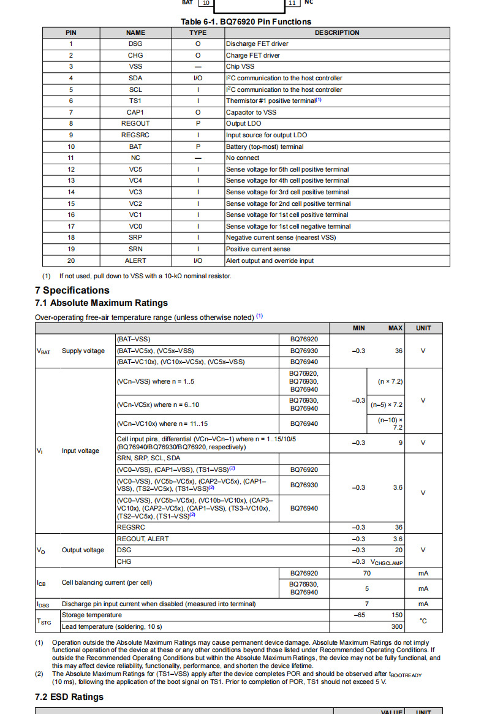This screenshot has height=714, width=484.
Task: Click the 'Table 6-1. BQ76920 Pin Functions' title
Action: (246, 21)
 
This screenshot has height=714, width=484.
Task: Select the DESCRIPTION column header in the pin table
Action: (337, 32)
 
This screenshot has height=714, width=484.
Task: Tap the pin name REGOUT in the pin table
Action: (135, 123)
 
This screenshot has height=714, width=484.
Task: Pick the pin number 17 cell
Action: (71, 226)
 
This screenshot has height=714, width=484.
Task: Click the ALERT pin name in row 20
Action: (135, 260)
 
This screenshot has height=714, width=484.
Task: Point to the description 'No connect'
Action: (243, 158)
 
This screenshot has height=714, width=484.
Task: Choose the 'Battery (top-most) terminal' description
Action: (265, 146)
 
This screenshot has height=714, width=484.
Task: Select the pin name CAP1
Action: (135, 112)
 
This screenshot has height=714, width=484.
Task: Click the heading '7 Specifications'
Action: (72, 290)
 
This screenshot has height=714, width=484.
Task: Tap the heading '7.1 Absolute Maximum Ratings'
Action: (101, 303)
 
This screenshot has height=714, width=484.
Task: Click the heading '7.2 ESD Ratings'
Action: (69, 697)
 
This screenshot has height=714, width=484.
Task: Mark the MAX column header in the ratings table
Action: (395, 328)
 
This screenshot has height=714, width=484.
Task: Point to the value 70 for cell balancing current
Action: (367, 573)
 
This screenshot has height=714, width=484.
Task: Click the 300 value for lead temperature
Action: (397, 626)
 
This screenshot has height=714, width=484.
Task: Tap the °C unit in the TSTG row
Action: (423, 621)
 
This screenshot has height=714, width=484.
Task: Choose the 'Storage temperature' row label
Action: (92, 615)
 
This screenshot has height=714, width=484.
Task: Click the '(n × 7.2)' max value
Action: (390, 381)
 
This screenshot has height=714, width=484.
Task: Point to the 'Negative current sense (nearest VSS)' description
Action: (281, 237)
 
